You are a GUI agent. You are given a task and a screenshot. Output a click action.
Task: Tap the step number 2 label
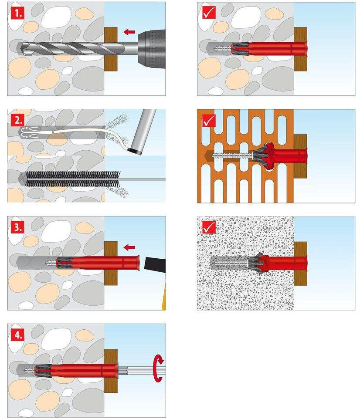18,119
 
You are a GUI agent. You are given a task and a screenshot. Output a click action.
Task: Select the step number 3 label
18,226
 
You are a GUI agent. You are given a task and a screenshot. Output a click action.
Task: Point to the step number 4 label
18,334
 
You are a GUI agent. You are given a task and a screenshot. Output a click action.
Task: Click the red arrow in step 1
129,31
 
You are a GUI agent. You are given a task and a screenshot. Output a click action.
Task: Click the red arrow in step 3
129,247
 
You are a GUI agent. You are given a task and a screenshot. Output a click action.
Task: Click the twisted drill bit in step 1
65,48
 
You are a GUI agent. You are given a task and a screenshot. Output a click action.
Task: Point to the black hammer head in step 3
155,264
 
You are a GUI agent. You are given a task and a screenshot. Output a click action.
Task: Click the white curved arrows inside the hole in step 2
31,131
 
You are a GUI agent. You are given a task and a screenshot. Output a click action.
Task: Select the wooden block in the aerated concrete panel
300,263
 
